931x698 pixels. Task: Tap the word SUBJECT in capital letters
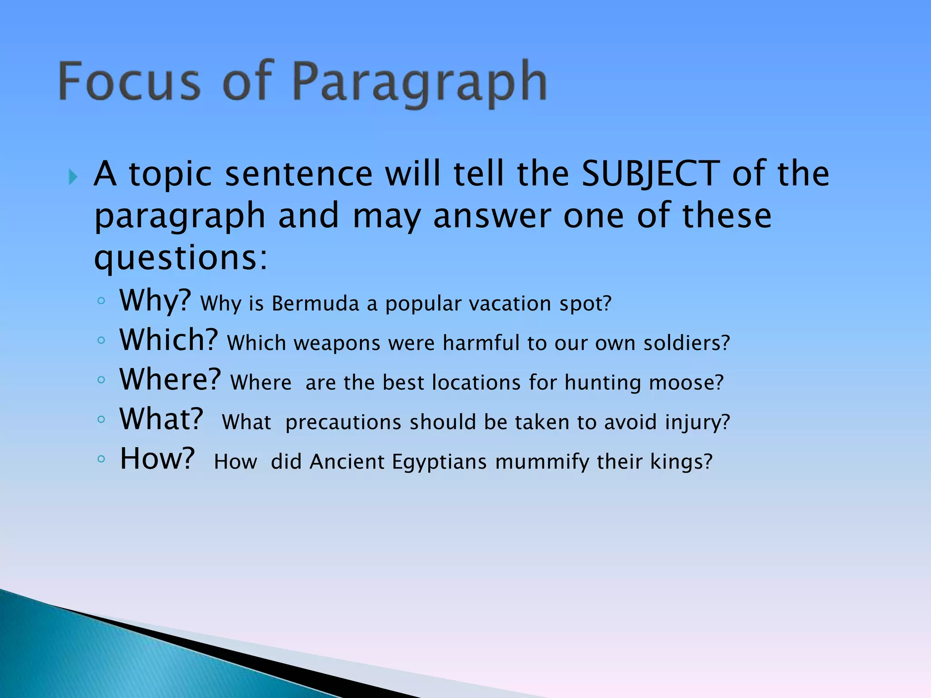tap(651, 174)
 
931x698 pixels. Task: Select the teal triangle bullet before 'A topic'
tap(73, 176)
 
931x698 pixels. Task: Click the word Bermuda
tap(315, 304)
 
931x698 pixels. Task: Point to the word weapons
tap(337, 343)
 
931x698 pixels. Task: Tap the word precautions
tap(343, 422)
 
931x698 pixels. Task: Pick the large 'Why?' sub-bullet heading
tap(155, 300)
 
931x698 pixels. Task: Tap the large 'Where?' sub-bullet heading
tap(170, 379)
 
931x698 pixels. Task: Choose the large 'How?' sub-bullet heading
tap(157, 459)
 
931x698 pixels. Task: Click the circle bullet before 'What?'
tap(101, 419)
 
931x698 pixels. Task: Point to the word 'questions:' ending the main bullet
tap(181, 258)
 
